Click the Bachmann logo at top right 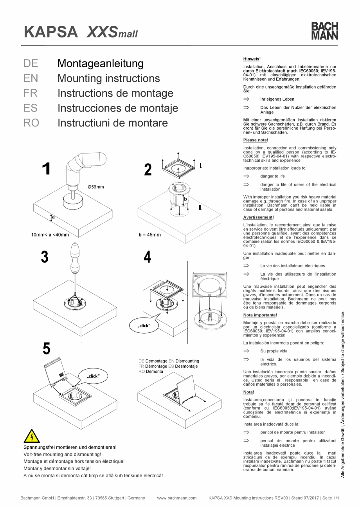pos(324,31)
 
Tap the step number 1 pos(46,169)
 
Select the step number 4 pos(148,258)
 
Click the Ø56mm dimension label pos(96,187)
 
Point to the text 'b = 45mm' pos(149,235)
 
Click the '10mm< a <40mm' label pos(50,235)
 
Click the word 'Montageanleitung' pos(100,63)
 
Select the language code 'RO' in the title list pos(31,123)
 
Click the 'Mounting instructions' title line pos(108,78)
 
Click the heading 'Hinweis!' pos(252,59)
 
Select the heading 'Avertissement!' pos(258,217)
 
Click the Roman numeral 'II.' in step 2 pos(200,208)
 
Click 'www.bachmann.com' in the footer pos(176,498)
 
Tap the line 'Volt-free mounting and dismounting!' pos(62,454)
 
